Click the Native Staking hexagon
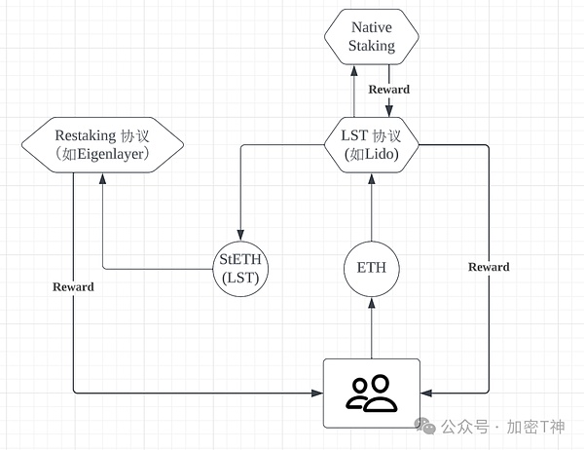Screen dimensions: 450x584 [371, 36]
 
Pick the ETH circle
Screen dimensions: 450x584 [371, 268]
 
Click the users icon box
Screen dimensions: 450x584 [371, 393]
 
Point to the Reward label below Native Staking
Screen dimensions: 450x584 [389, 90]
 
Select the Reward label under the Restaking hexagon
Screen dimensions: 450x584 [74, 286]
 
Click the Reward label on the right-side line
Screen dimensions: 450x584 [488, 267]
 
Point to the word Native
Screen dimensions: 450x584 [371, 27]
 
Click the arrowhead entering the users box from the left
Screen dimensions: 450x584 [317, 394]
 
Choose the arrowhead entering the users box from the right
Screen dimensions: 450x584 [425, 394]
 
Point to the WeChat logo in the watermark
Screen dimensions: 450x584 [424, 427]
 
